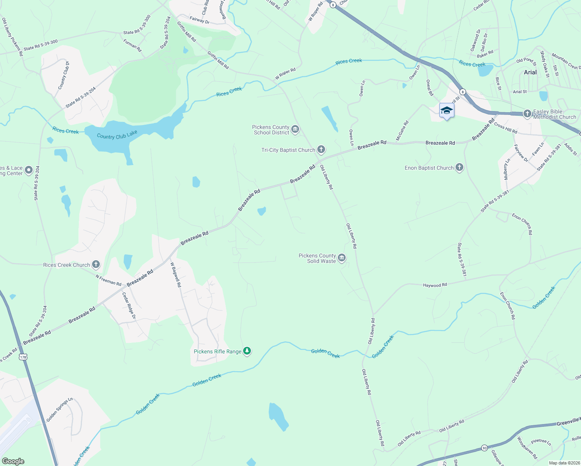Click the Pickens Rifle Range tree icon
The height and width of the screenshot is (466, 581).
pos(247,351)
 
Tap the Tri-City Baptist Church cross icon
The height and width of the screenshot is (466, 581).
pos(321,150)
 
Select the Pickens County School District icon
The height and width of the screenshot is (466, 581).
pos(295,129)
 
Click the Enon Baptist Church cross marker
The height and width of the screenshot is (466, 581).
pos(459,168)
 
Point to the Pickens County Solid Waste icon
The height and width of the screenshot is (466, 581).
pos(342,258)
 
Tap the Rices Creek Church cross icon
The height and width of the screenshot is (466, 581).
pos(96,265)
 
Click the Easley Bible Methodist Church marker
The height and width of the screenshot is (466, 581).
pos(527,114)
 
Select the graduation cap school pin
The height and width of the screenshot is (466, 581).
pos(447,110)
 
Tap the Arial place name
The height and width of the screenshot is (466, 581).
pos(530,72)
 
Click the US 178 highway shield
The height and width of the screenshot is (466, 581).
pos(23,357)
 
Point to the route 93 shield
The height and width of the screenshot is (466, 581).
pos(484,447)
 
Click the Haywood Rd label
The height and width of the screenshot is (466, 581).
pos(435,285)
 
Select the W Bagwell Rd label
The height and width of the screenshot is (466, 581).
pos(176,275)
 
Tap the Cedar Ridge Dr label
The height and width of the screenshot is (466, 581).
pos(129,306)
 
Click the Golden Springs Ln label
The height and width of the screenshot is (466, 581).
pos(59,410)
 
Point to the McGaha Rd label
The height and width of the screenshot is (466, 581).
pos(402,131)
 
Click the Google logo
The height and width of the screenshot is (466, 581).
pos(13,461)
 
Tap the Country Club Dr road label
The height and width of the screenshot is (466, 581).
pos(64,75)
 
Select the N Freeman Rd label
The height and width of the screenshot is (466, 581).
pos(108,280)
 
